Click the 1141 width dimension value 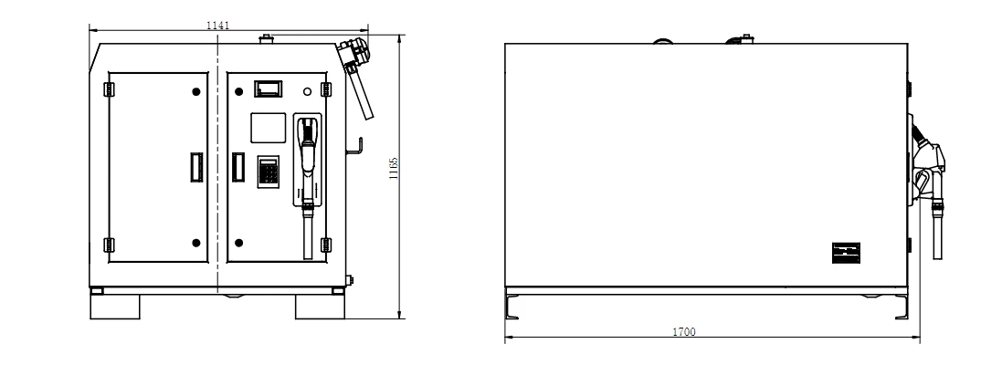point(217,26)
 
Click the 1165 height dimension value point(394,168)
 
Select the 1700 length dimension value point(684,332)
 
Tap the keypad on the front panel point(269,172)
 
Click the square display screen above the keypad point(268,128)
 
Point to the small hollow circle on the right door point(308,91)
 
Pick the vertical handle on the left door point(196,167)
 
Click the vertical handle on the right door point(238,167)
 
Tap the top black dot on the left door point(196,92)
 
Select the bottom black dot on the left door point(196,243)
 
